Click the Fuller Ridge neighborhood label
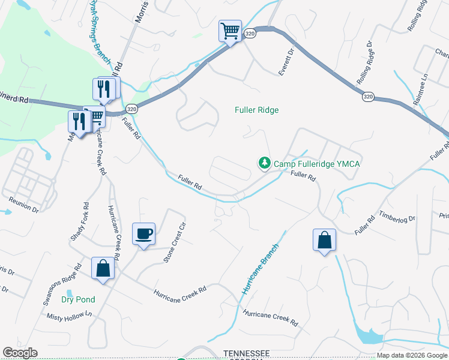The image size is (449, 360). (256, 110)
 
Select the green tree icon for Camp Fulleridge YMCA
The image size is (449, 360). (264, 163)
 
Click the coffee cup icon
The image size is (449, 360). (144, 233)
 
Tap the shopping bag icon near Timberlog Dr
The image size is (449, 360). (324, 240)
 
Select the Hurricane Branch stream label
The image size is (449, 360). (261, 269)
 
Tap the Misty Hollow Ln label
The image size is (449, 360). (71, 316)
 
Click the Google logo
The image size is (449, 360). (20, 353)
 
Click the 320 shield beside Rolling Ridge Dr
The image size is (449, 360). (369, 96)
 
